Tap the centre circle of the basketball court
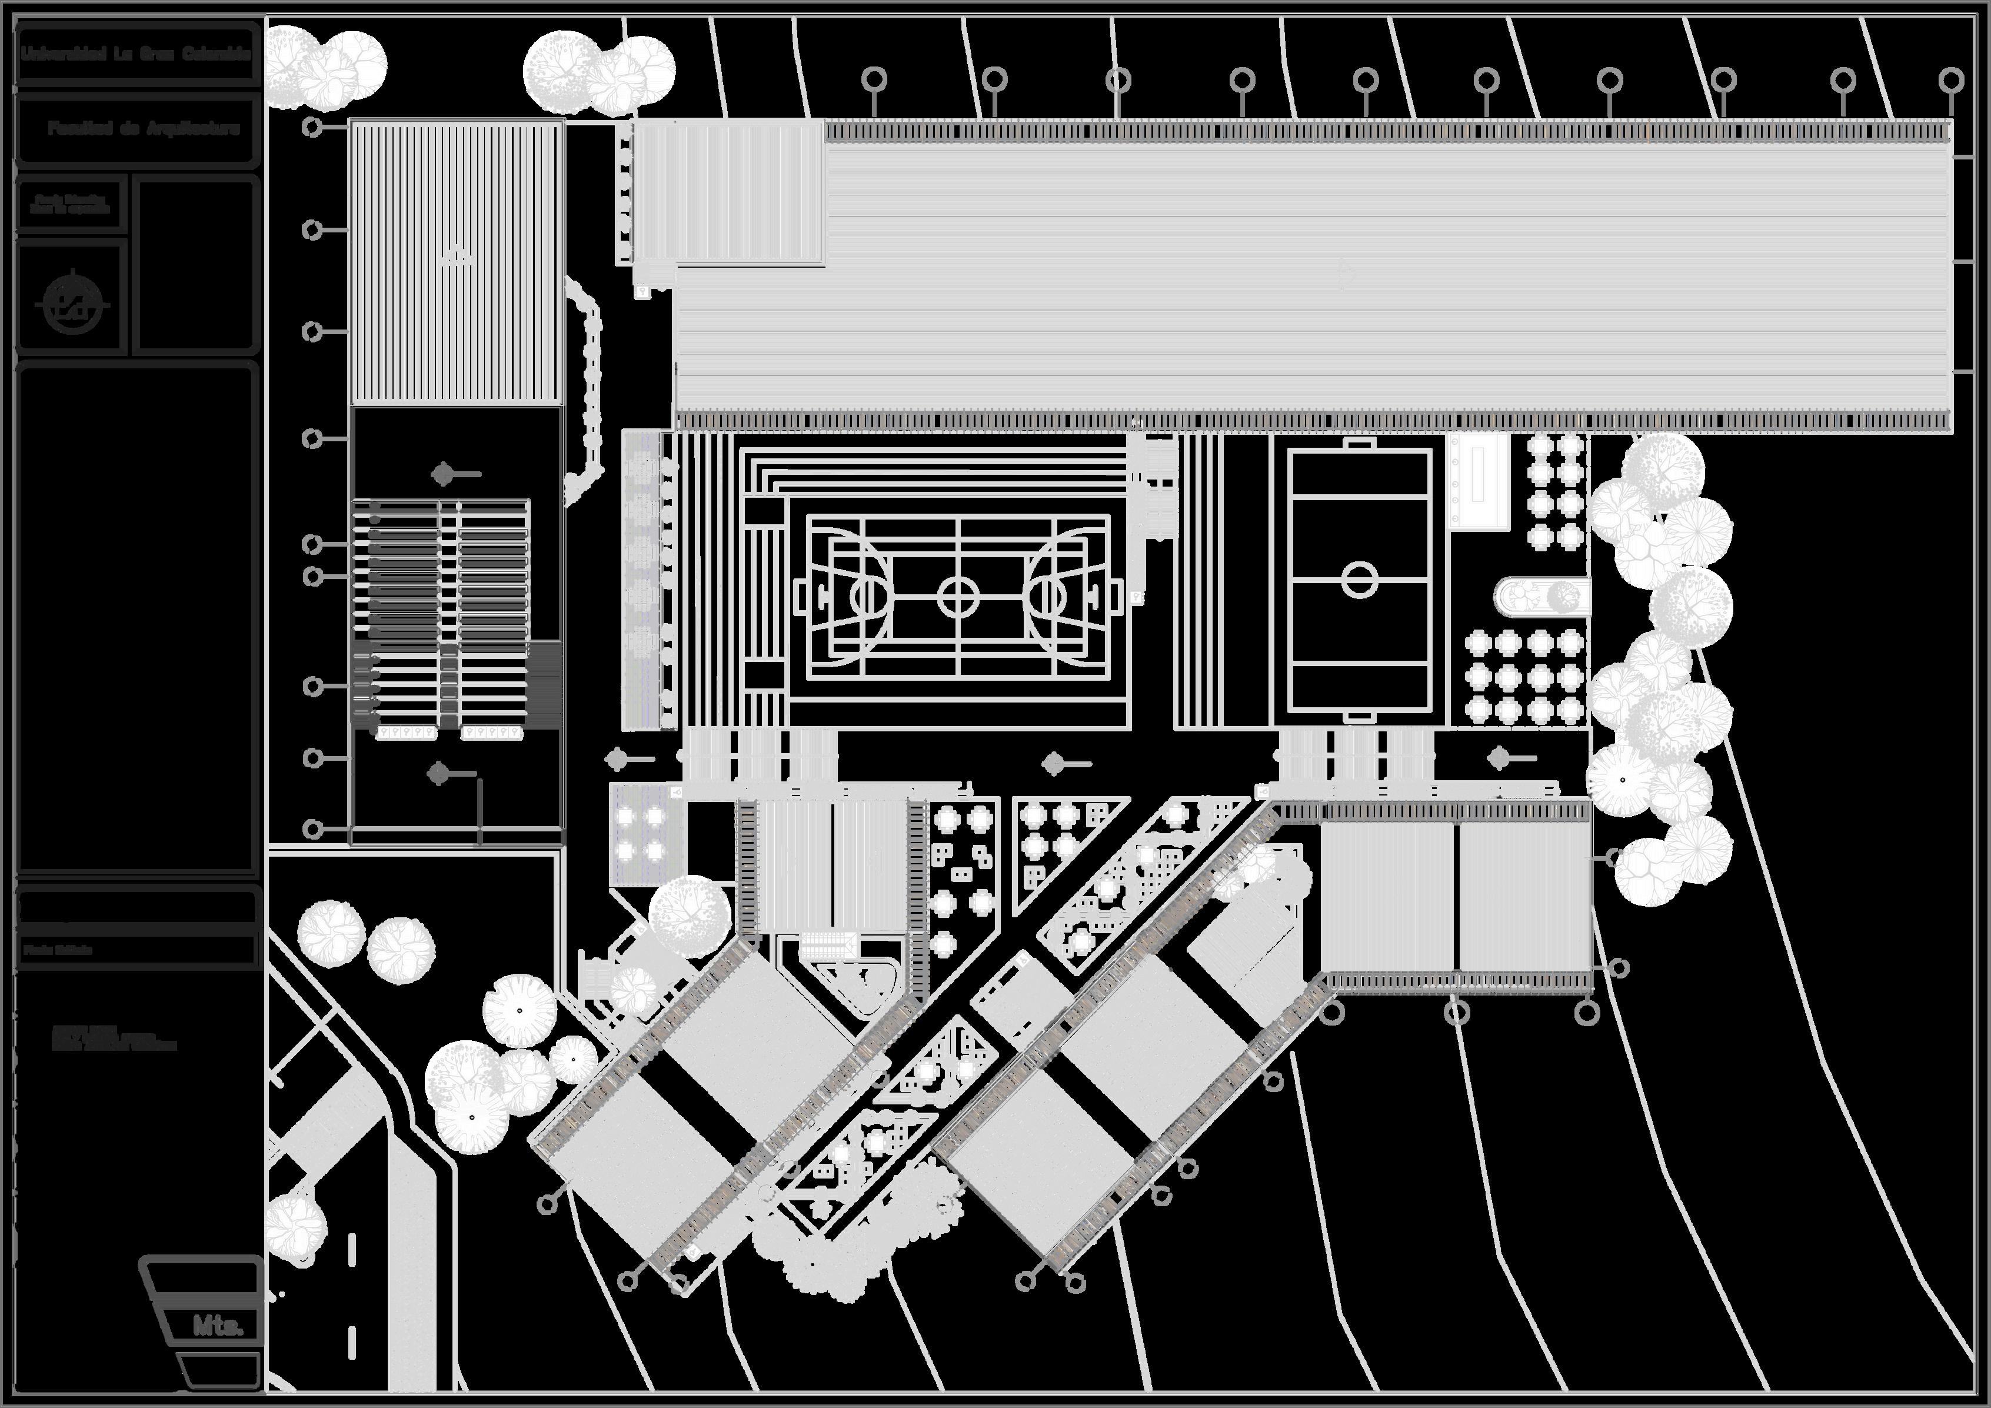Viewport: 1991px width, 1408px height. (958, 597)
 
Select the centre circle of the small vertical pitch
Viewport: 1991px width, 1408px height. (1359, 579)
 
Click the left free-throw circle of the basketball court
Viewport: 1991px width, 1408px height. (867, 597)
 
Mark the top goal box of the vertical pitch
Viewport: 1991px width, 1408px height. (1359, 444)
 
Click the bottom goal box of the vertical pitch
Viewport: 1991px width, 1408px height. (1359, 715)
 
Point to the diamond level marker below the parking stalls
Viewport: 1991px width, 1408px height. (439, 773)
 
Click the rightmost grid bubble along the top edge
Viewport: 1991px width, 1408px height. (1951, 81)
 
